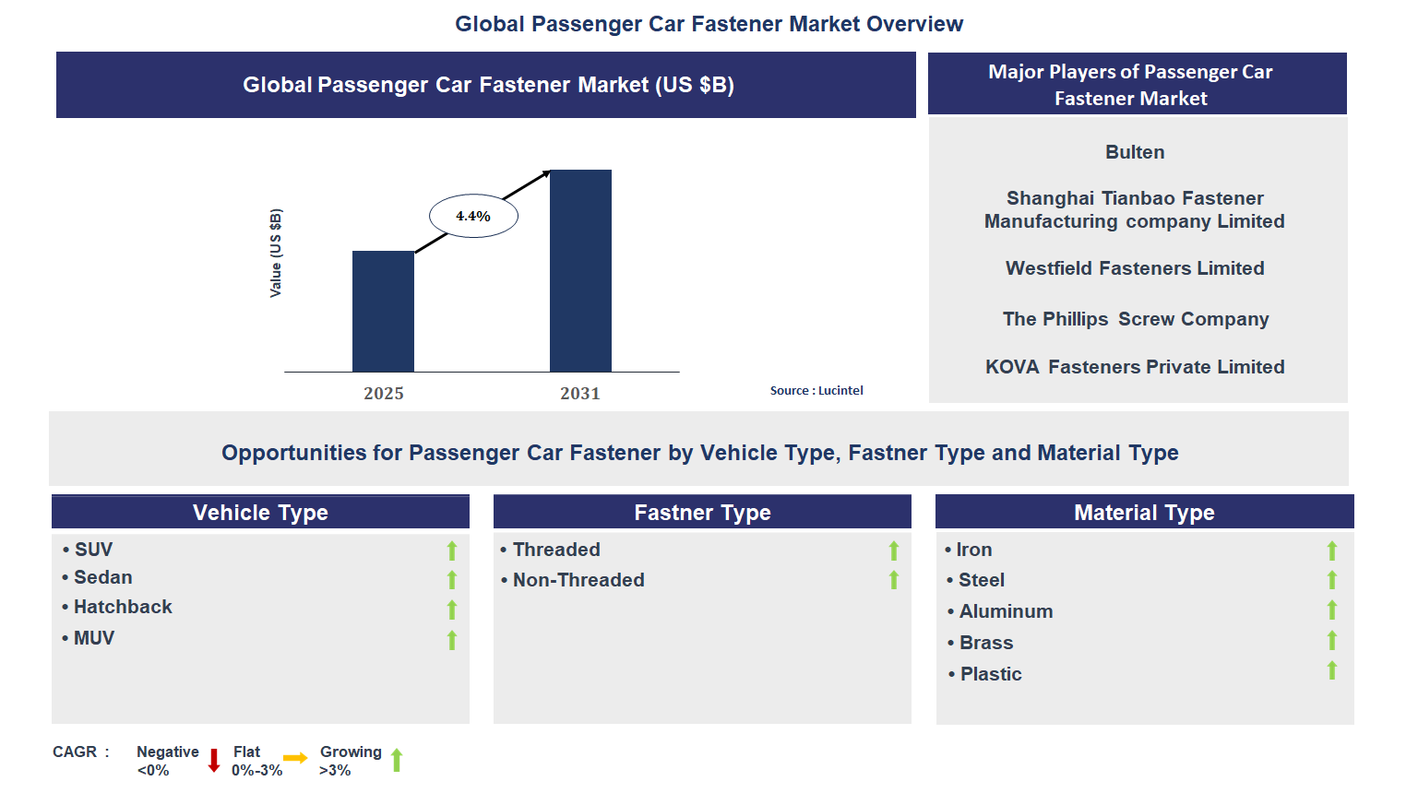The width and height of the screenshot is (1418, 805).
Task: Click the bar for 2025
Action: coord(383,312)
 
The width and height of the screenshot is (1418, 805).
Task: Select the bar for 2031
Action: coord(580,271)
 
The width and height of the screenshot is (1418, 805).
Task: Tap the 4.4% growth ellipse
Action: coord(473,217)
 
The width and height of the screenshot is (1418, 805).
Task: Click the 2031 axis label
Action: coord(580,394)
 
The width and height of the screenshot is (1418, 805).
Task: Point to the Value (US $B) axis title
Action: coord(276,253)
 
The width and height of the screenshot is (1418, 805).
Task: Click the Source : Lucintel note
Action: coord(816,391)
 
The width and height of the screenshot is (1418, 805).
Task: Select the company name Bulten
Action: coord(1135,152)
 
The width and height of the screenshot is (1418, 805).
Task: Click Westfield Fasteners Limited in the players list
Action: coord(1135,268)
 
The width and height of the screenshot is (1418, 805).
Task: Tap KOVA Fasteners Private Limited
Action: coord(1135,367)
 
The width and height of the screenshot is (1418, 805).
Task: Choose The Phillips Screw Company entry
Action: coord(1136,319)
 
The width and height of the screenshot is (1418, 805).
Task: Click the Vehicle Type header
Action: coord(260,513)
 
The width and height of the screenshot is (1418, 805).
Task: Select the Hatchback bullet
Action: coord(123,607)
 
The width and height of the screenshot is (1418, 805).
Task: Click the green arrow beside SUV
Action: coord(452,550)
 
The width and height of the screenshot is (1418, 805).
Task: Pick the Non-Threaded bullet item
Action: coord(578,580)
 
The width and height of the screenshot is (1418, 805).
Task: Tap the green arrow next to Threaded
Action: coord(894,550)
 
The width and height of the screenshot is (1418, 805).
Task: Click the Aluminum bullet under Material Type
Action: coord(1006,611)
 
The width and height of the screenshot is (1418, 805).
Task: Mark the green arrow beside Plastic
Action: coord(1332,670)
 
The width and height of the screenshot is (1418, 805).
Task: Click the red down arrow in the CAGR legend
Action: coord(214,761)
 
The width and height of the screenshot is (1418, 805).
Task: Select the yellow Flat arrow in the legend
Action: coord(295,758)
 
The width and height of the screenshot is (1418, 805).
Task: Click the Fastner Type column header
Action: coord(702,513)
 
